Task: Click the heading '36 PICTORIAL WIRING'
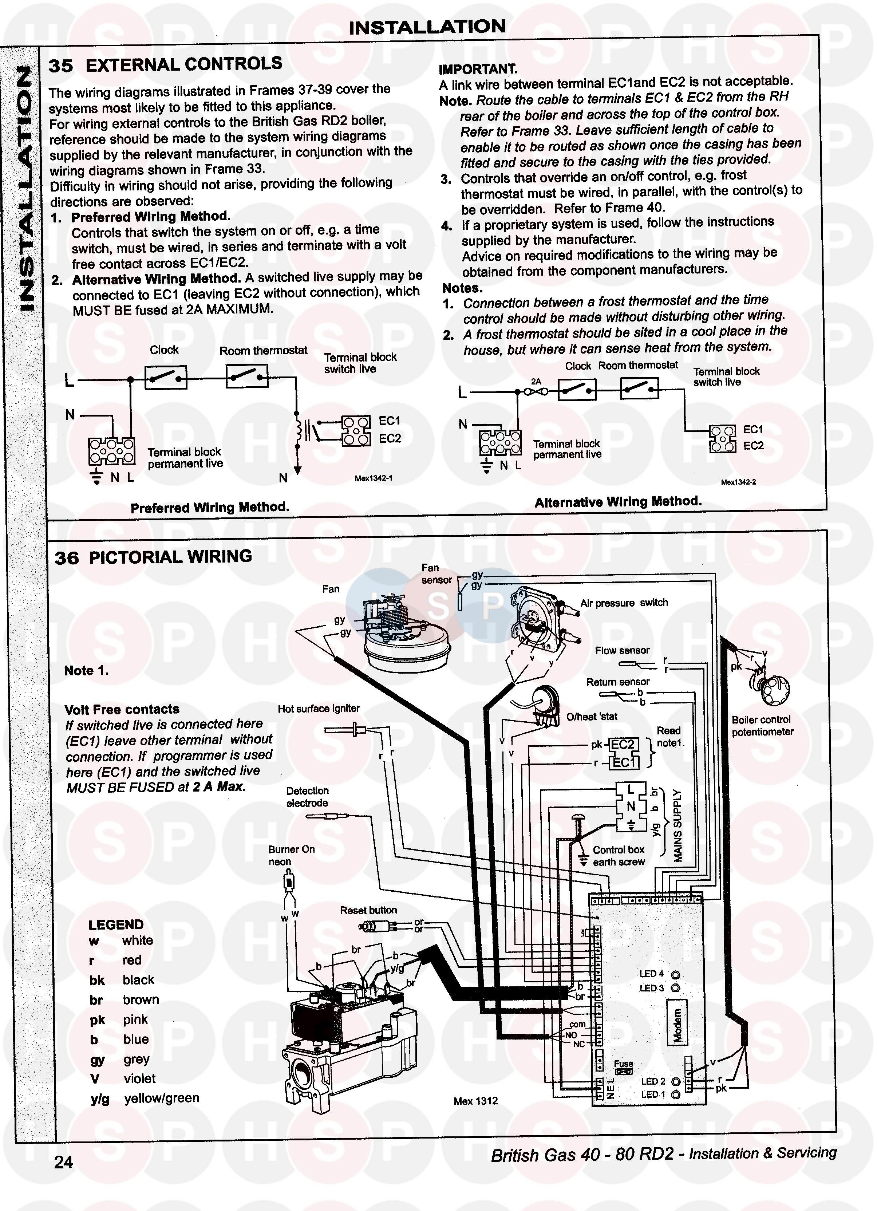(153, 557)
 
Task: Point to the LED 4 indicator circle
(675, 973)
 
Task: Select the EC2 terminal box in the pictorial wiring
(623, 744)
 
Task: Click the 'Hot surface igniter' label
(318, 709)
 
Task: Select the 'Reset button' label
(368, 910)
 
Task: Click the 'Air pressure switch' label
(624, 603)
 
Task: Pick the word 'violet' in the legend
(139, 1078)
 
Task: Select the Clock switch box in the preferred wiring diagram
(166, 378)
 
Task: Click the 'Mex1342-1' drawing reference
(373, 478)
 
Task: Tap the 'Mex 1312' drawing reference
(475, 1101)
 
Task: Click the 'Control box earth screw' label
(618, 856)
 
